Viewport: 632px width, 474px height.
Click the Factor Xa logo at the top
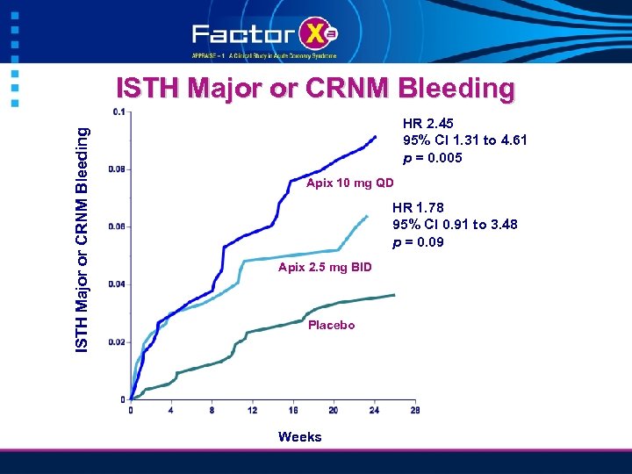point(264,35)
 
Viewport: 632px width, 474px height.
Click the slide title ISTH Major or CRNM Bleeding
point(315,89)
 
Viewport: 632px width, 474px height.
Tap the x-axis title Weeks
point(299,436)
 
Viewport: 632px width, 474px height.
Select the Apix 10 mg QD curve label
point(349,183)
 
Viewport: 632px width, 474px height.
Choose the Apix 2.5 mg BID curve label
point(324,266)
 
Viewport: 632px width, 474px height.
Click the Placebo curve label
point(331,325)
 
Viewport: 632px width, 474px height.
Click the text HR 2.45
point(427,124)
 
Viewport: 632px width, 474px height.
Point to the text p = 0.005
point(432,158)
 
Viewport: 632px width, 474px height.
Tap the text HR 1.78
point(418,207)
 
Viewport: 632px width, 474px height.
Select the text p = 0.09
point(418,241)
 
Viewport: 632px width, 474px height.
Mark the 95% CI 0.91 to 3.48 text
point(455,225)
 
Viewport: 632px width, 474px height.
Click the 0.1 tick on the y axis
point(118,111)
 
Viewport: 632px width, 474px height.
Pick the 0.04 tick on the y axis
point(116,284)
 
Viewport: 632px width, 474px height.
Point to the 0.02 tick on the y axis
point(116,342)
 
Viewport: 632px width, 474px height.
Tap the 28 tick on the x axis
point(414,410)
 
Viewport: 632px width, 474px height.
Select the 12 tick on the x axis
point(253,410)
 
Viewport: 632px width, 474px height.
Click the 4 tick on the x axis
point(171,410)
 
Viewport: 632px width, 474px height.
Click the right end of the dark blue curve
point(376,136)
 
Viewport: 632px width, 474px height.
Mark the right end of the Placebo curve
point(394,295)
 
